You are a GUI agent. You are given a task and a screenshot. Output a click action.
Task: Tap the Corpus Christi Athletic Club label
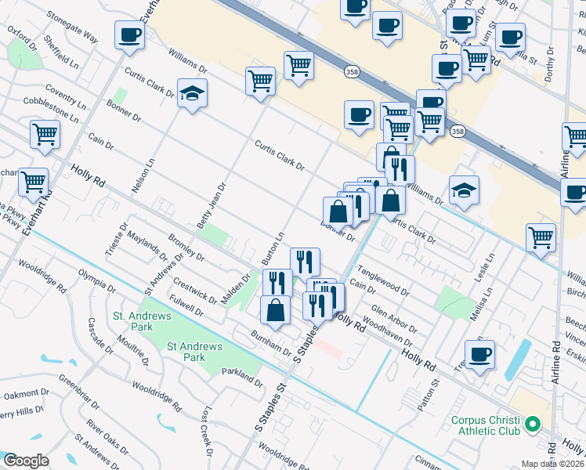(x=486, y=425)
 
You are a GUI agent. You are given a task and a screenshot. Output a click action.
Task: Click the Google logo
(x=26, y=461)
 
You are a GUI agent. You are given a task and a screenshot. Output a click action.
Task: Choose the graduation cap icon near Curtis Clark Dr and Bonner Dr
(x=192, y=94)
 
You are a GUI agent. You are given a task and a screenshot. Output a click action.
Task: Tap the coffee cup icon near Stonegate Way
(x=129, y=34)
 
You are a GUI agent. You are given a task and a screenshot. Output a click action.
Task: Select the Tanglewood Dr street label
(x=385, y=280)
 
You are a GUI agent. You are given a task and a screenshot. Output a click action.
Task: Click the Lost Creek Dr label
(x=208, y=431)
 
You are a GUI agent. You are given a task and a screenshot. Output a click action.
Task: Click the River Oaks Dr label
(x=108, y=436)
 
